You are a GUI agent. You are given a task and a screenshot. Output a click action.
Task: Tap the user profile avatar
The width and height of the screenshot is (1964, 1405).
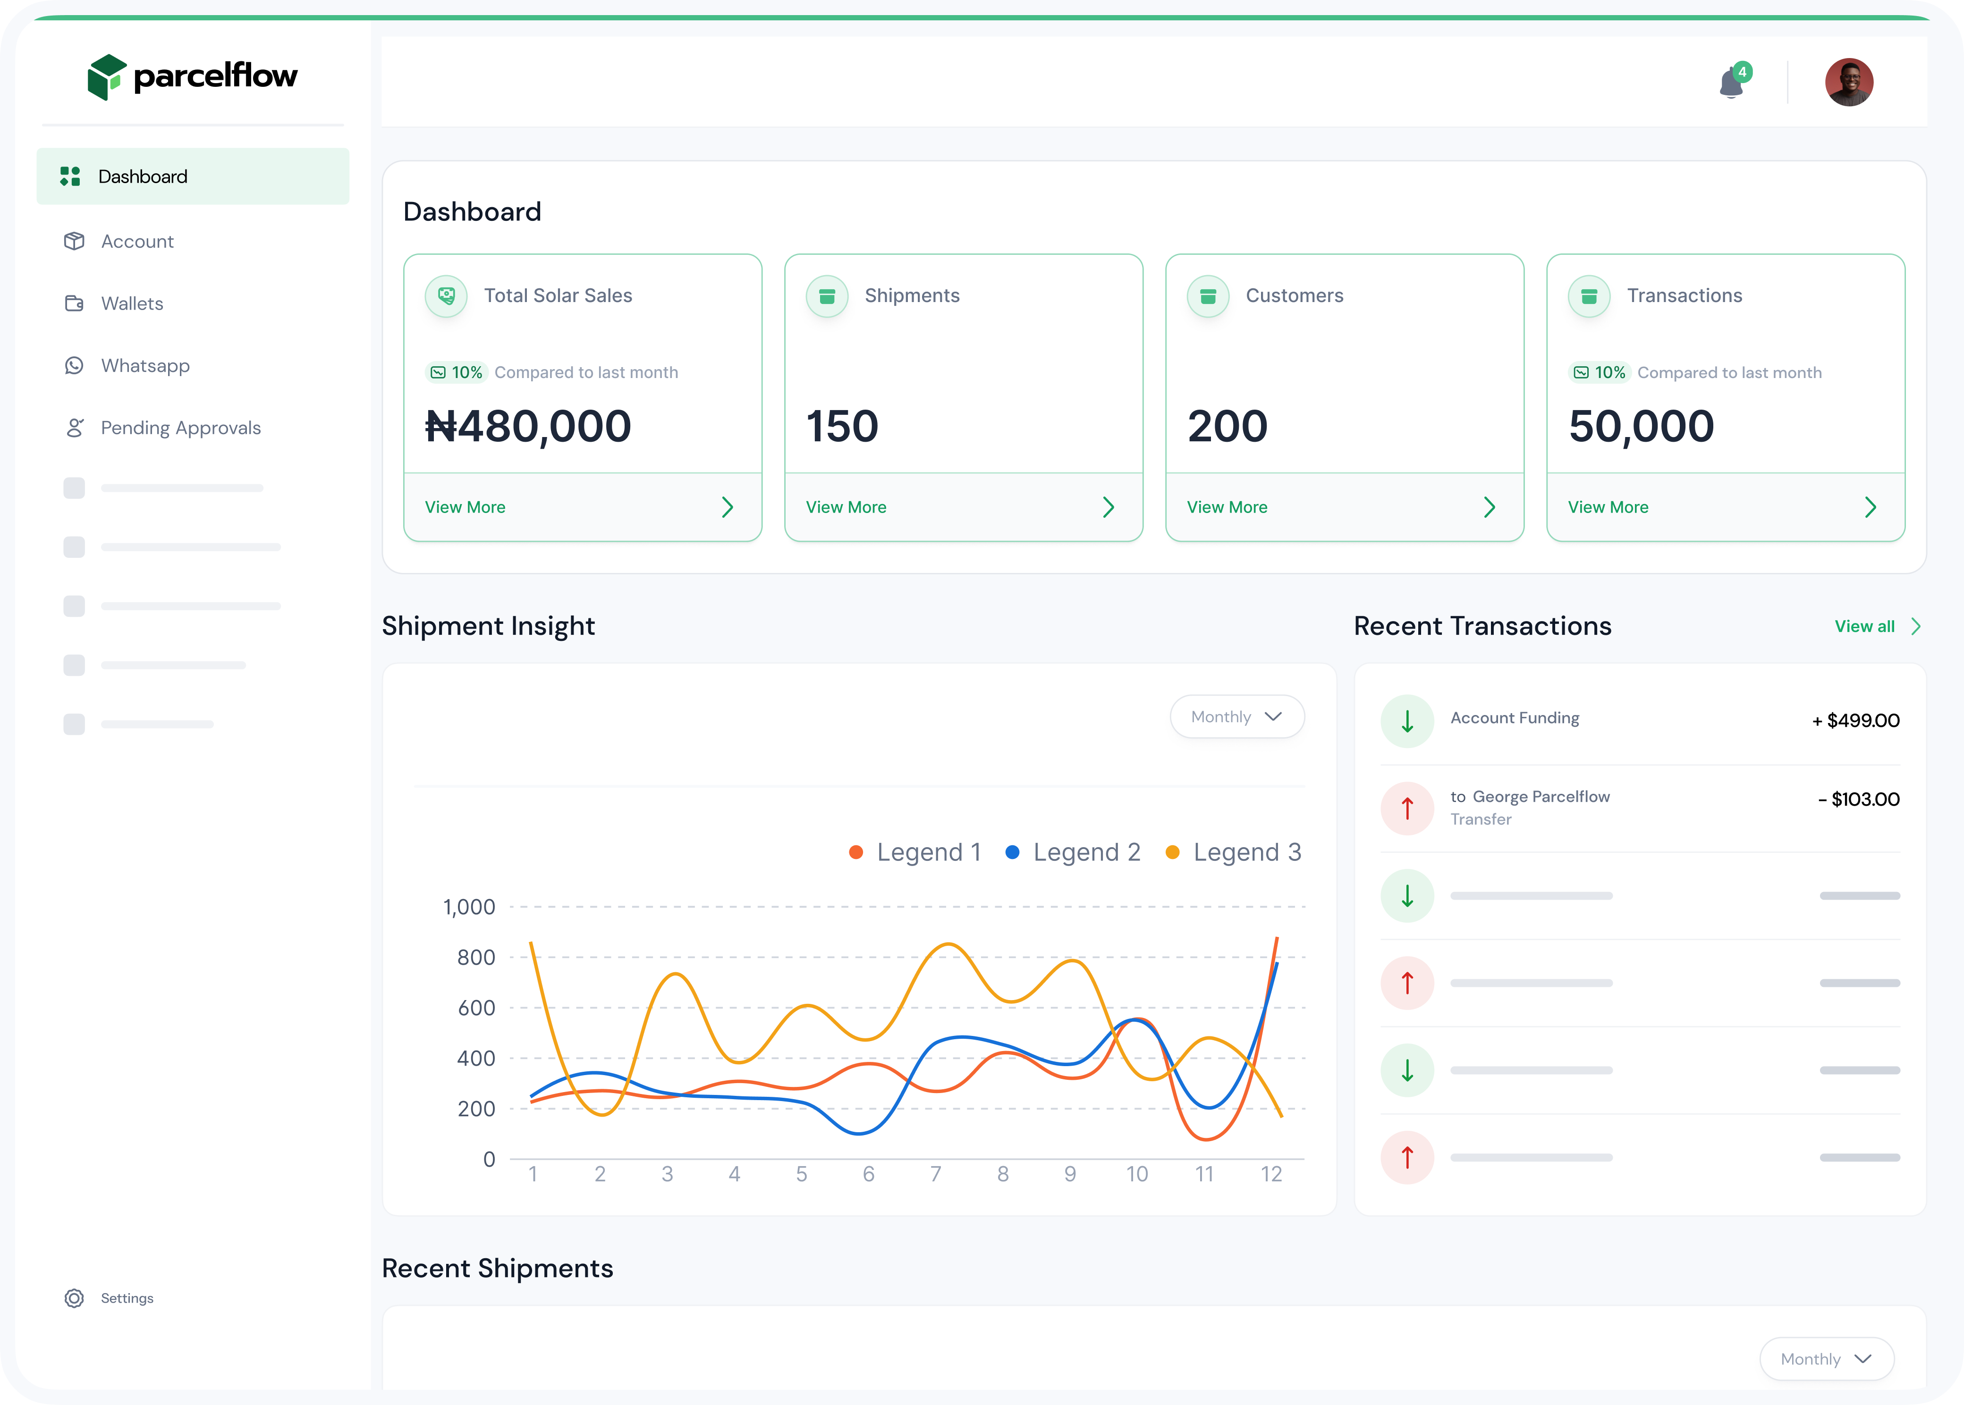[x=1849, y=82]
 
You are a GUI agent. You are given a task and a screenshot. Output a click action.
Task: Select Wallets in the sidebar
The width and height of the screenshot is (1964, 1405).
[x=132, y=303]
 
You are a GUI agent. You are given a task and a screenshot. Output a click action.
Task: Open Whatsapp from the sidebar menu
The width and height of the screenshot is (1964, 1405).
[x=144, y=366]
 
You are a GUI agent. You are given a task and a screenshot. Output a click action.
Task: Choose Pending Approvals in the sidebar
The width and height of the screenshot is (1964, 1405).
[x=180, y=428]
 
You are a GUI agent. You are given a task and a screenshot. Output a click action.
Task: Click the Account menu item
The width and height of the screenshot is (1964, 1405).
[x=137, y=241]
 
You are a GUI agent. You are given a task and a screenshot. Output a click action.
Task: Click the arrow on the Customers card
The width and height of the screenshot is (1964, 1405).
[x=1489, y=507]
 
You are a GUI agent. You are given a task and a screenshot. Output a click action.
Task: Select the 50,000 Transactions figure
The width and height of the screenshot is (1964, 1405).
[x=1641, y=427]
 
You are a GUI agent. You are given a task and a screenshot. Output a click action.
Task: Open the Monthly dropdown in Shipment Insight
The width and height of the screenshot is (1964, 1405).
[x=1236, y=716]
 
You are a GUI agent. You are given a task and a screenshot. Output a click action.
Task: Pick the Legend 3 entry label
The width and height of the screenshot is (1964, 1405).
[x=1247, y=852]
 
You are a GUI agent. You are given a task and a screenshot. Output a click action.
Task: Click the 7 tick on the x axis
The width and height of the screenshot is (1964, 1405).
[x=935, y=1174]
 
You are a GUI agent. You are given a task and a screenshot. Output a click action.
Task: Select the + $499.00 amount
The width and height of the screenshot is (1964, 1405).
[x=1856, y=721]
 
